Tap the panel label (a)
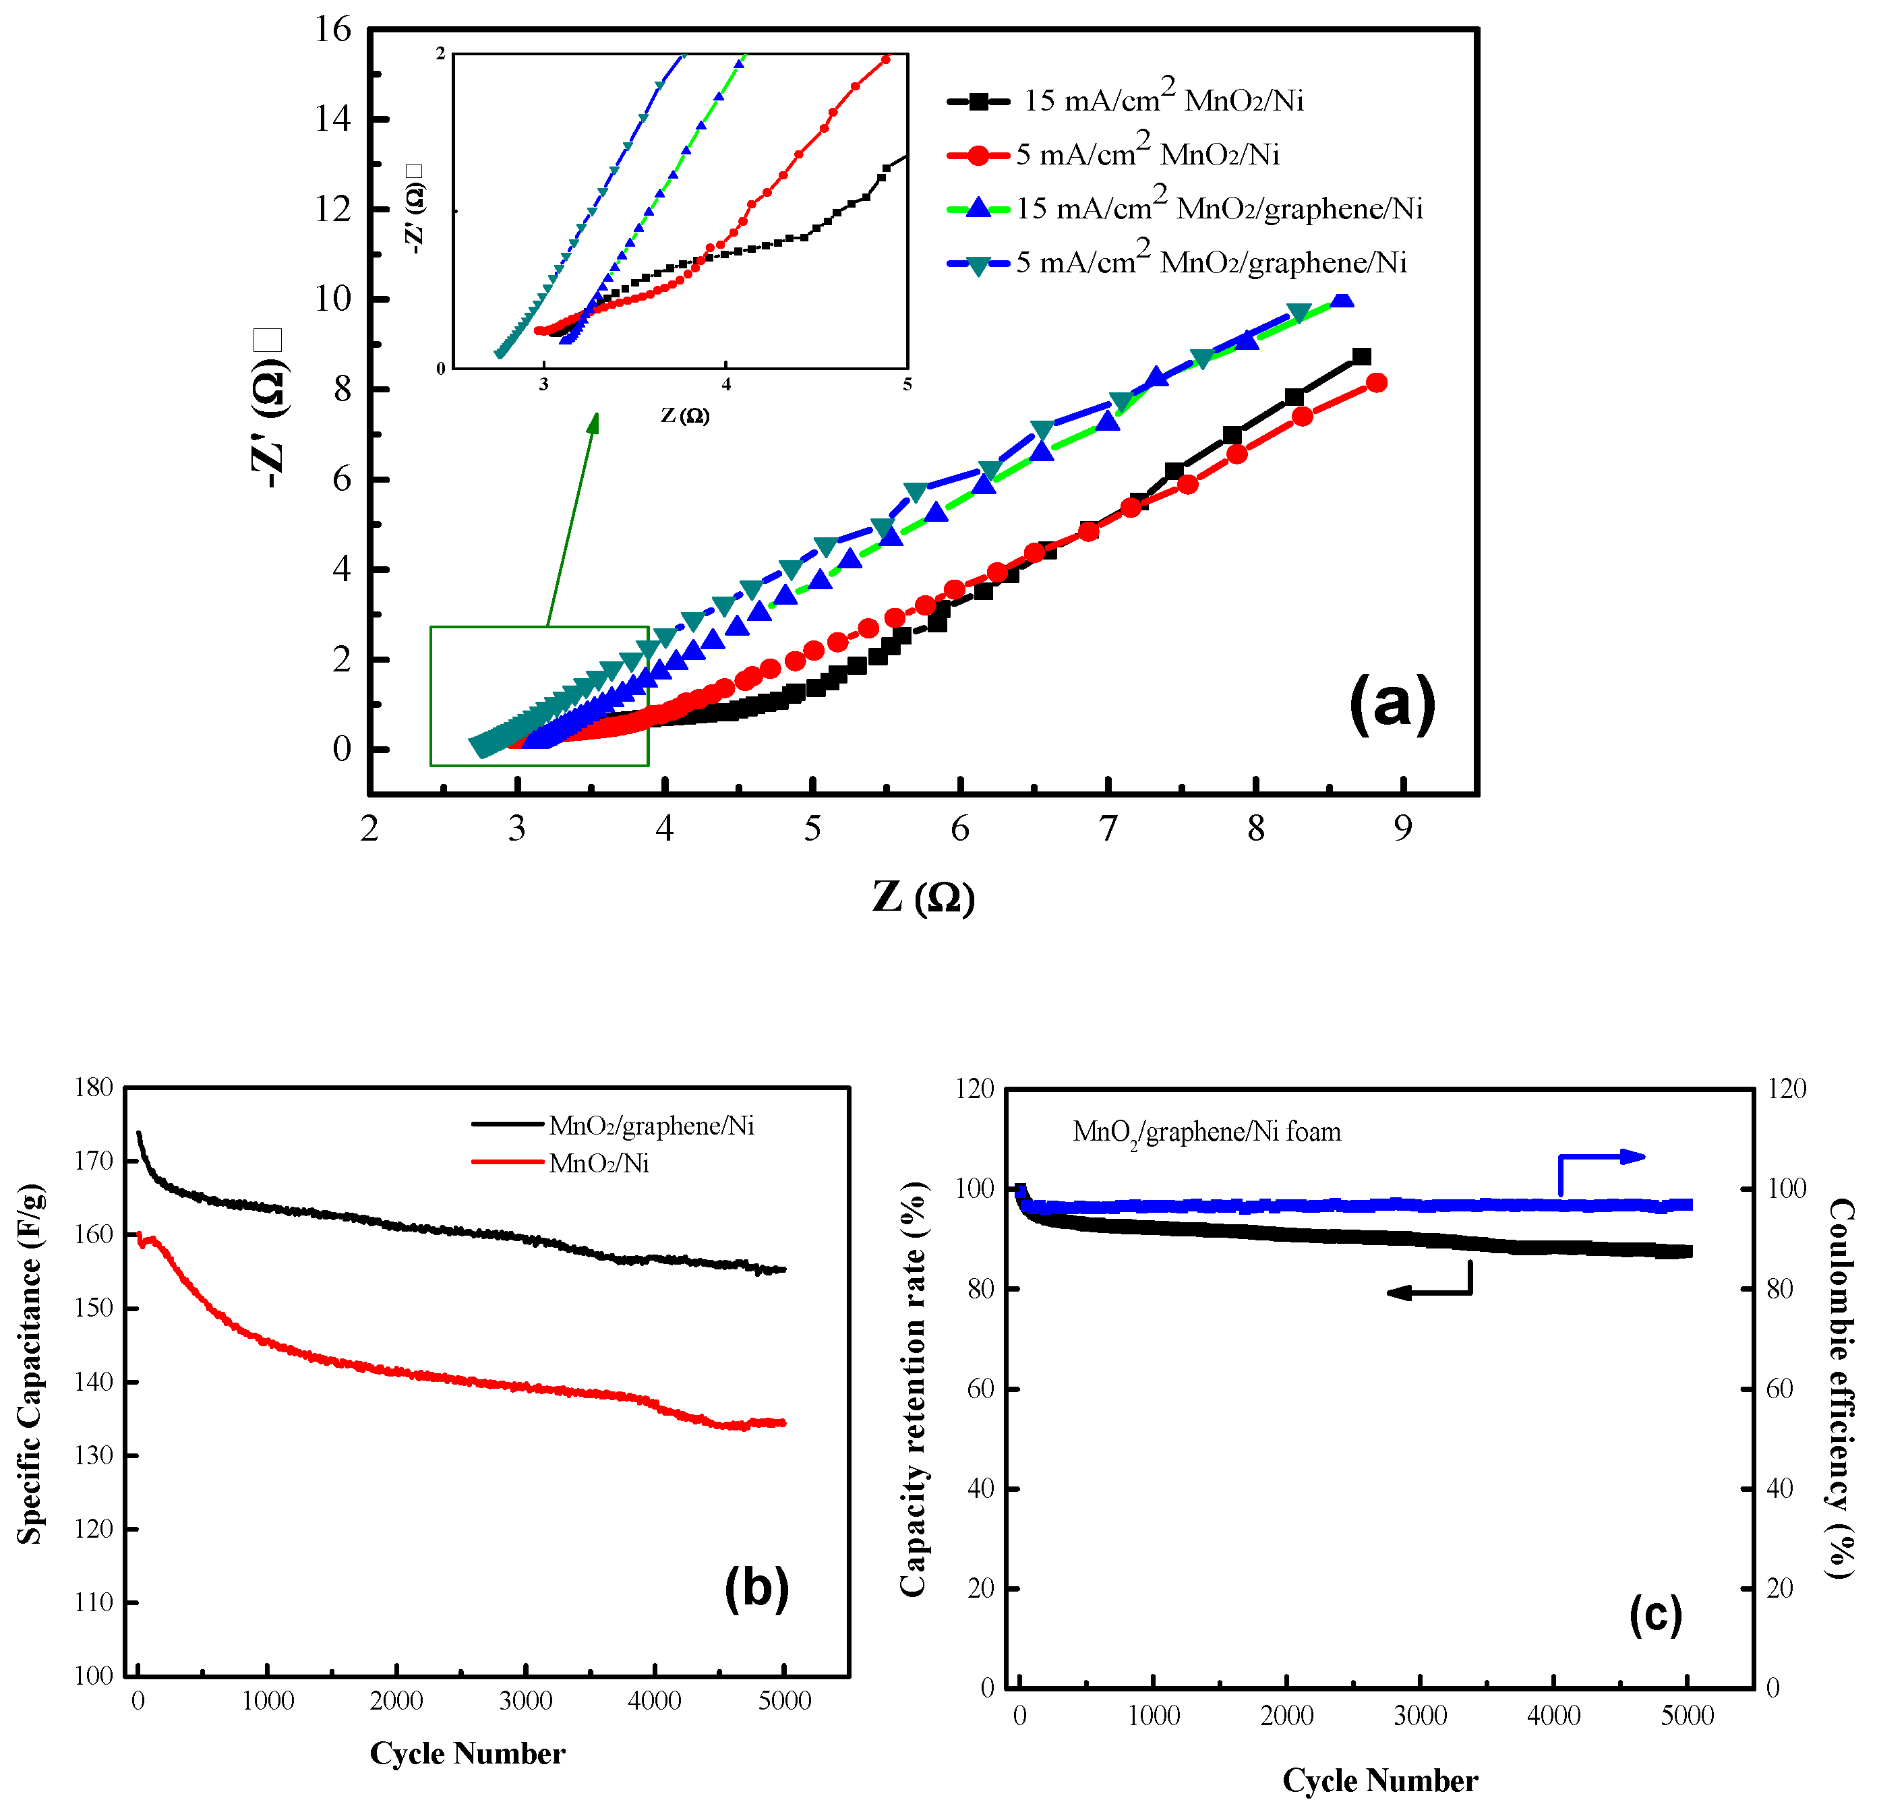tap(1392, 704)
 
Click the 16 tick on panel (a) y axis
tap(332, 30)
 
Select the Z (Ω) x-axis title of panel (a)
tap(923, 897)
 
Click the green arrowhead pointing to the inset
tap(594, 423)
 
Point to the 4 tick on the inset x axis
tap(726, 385)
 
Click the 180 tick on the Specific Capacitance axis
tap(94, 1087)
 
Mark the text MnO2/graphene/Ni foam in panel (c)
tap(1207, 1132)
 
